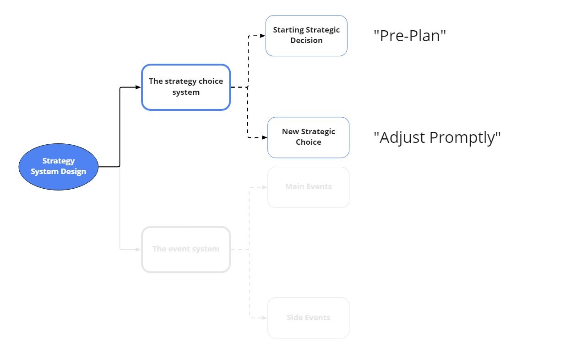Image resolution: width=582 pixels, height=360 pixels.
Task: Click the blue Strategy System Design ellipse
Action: pos(59,167)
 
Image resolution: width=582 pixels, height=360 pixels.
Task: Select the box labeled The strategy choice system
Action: pos(186,87)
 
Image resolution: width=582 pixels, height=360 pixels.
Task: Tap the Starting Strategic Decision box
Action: pos(306,36)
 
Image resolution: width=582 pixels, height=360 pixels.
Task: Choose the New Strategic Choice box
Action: pos(309,137)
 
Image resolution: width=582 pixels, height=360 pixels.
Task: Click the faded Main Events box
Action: pos(309,187)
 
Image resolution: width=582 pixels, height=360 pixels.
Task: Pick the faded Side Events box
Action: pos(309,317)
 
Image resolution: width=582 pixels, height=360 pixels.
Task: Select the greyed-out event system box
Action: pos(186,250)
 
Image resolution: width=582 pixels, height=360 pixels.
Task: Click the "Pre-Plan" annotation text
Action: pos(410,36)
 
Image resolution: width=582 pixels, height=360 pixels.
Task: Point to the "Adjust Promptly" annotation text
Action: pos(437,137)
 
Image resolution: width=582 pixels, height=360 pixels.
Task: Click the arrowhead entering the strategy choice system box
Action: pos(138,87)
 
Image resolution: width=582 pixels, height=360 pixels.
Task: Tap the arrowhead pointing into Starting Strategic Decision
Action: pos(262,36)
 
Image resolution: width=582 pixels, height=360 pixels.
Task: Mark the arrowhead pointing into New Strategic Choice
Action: pos(265,137)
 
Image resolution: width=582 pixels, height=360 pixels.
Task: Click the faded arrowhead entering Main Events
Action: pos(265,187)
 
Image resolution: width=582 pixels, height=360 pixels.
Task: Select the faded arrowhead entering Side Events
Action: pos(265,317)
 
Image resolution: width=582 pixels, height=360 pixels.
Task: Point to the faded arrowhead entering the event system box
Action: pos(138,250)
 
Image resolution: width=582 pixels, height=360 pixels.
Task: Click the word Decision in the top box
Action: pos(306,41)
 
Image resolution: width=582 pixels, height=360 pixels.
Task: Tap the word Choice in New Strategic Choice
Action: pos(309,142)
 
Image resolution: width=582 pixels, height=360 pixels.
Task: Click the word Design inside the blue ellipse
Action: pos(73,172)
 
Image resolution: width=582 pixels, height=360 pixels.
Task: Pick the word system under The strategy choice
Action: pos(186,93)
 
